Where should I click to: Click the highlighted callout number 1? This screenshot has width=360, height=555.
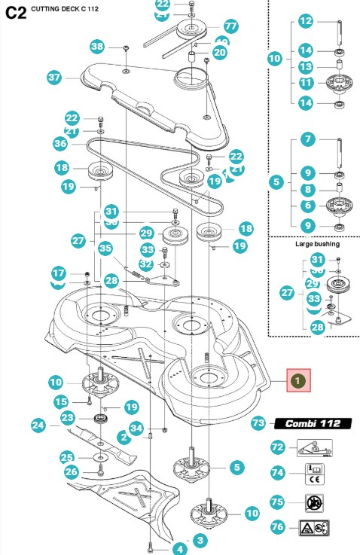(299, 381)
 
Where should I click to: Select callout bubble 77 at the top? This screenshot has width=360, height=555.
(230, 26)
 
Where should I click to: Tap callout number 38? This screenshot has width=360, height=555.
(97, 47)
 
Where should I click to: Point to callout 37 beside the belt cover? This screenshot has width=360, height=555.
(54, 77)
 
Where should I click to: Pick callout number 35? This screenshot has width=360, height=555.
(105, 247)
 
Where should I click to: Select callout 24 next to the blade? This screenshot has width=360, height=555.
(38, 425)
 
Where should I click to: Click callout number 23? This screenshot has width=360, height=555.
(67, 417)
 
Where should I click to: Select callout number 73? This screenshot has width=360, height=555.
(258, 424)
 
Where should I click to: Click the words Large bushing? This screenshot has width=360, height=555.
(315, 244)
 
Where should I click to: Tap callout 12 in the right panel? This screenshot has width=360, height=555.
(305, 21)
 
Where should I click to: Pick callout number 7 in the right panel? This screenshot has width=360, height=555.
(307, 139)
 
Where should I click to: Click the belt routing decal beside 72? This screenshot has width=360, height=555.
(307, 448)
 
